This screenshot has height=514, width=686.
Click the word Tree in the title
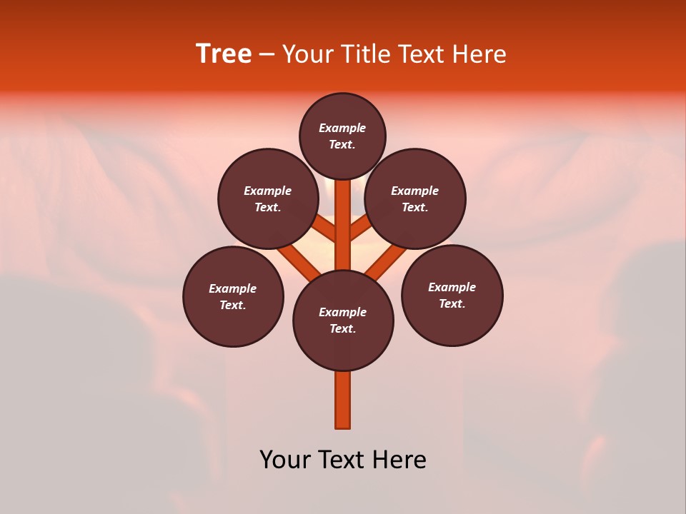(x=224, y=54)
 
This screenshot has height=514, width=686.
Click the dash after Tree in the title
(x=267, y=54)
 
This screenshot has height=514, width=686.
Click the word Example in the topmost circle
(x=342, y=128)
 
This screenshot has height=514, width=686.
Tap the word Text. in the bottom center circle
(x=342, y=329)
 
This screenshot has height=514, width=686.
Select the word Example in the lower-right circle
(x=452, y=288)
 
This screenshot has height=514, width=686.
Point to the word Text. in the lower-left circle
(x=233, y=306)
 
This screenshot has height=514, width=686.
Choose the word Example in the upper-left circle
(x=267, y=191)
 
